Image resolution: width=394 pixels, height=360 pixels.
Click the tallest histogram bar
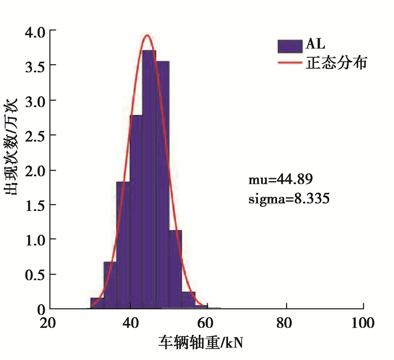click(x=149, y=180)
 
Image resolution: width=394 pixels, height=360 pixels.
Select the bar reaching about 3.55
click(x=163, y=186)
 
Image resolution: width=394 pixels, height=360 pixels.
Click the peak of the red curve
click(x=147, y=35)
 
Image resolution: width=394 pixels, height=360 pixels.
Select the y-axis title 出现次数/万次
click(x=12, y=147)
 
